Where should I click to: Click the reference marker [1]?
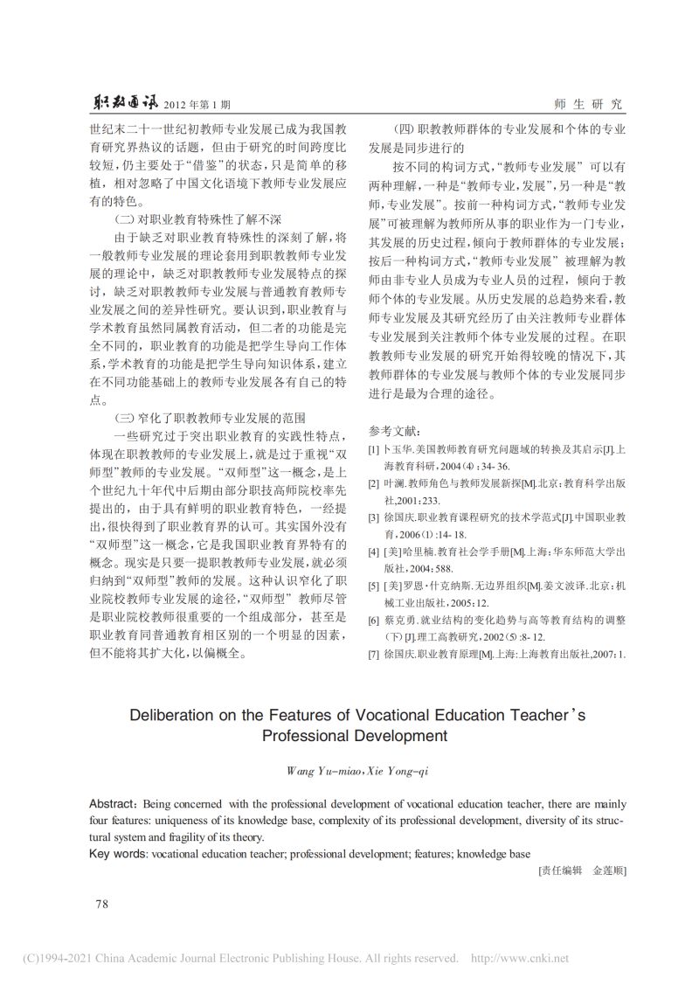(x=373, y=450)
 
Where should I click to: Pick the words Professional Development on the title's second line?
(x=349, y=737)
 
